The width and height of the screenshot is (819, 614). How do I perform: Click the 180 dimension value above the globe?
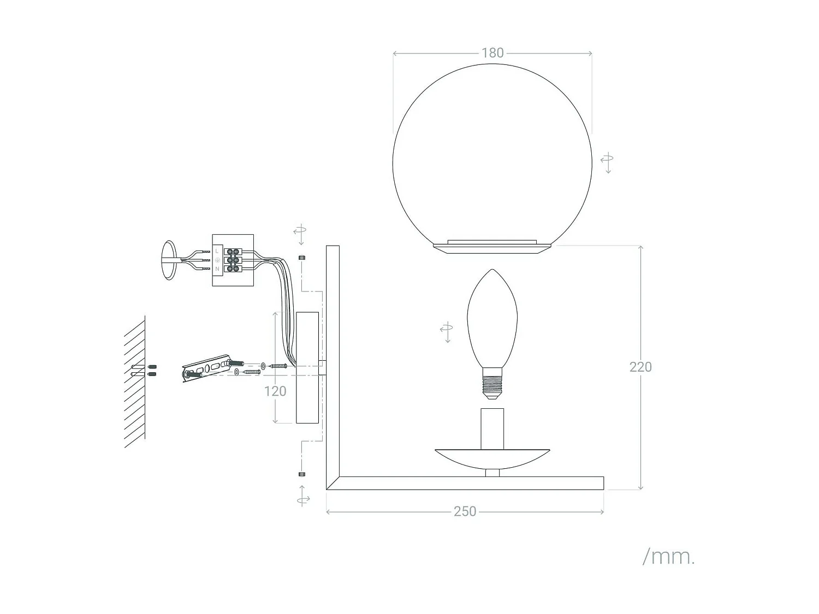point(492,53)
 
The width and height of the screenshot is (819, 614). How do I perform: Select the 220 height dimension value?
point(640,367)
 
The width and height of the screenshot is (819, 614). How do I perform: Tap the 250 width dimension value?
point(465,511)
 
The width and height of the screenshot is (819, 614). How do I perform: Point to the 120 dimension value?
point(275,391)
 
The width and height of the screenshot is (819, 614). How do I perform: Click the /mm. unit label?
point(668,557)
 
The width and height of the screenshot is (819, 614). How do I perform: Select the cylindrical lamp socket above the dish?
point(492,428)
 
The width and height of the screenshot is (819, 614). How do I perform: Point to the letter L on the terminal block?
point(217,251)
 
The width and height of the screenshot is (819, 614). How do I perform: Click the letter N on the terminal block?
point(217,269)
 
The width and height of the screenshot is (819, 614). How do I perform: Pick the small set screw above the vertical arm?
point(302,257)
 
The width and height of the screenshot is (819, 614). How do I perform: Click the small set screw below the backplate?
point(302,474)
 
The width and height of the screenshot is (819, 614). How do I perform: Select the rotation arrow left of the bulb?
point(447,331)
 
